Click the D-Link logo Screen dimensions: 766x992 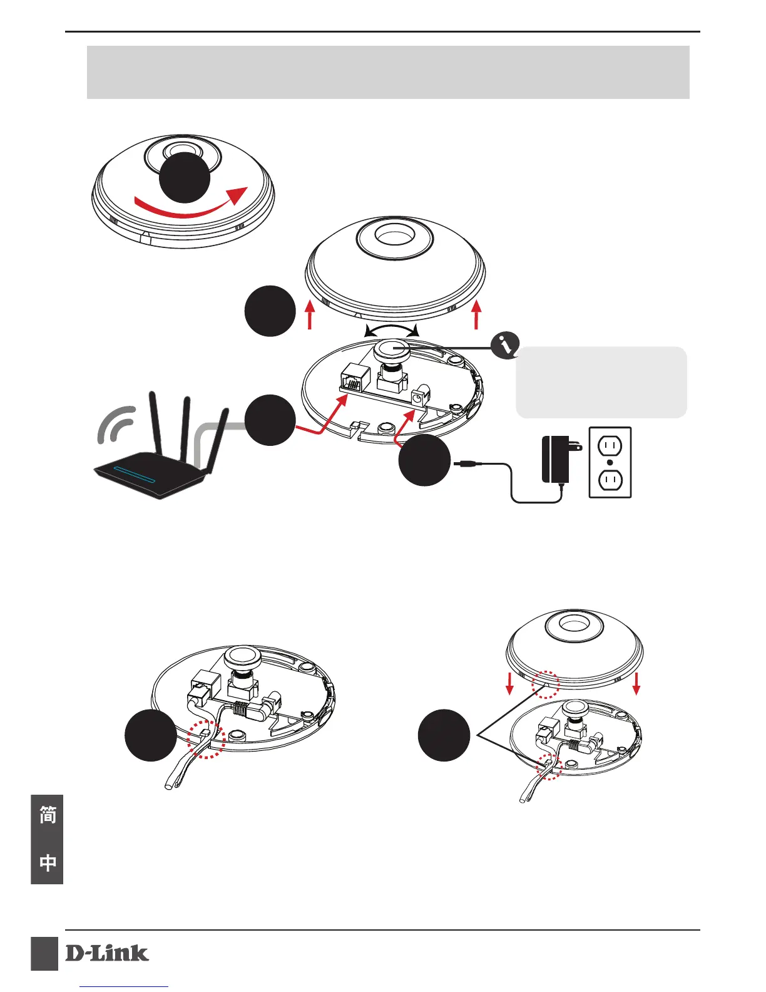pos(107,953)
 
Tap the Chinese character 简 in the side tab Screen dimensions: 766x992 pos(48,815)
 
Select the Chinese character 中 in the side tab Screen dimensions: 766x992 pos(48,862)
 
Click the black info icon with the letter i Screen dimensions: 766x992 pos(506,345)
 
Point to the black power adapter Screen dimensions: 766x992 pos(556,460)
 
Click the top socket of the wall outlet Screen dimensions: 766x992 pos(610,447)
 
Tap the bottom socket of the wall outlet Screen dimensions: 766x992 pos(610,480)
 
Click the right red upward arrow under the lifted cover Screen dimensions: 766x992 pos(477,314)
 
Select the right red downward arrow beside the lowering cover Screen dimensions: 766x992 pos(636,683)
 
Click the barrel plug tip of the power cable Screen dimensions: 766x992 pos(464,465)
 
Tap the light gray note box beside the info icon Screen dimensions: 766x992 pos(601,383)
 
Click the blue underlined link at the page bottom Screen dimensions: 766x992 pos(125,987)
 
